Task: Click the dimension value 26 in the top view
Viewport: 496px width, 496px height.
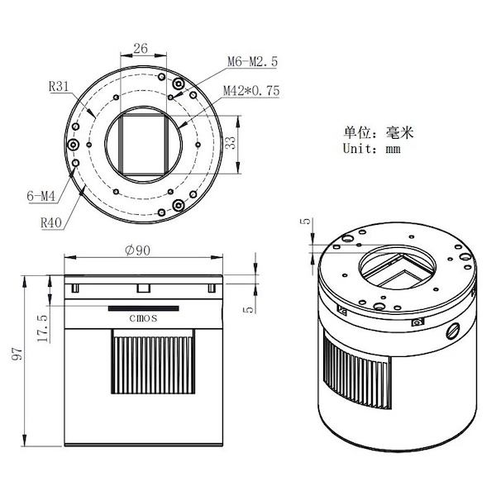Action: pyautogui.click(x=141, y=49)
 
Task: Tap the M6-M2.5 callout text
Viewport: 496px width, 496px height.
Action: pyautogui.click(x=252, y=61)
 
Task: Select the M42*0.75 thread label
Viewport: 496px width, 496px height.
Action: pyautogui.click(x=251, y=91)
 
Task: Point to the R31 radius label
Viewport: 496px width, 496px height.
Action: pyautogui.click(x=59, y=86)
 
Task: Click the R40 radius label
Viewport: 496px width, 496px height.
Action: pyautogui.click(x=51, y=222)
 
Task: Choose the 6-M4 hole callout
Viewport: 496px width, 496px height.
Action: pyautogui.click(x=41, y=196)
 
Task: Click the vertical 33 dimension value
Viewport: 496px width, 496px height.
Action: pyautogui.click(x=231, y=143)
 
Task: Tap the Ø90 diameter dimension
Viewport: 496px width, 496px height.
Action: pyautogui.click(x=137, y=250)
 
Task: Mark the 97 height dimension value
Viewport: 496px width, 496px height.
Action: pyautogui.click(x=17, y=354)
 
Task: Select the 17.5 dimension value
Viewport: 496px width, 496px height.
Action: pyautogui.click(x=43, y=328)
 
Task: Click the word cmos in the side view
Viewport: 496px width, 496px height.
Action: pyautogui.click(x=143, y=318)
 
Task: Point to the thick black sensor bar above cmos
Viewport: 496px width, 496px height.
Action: pyautogui.click(x=144, y=308)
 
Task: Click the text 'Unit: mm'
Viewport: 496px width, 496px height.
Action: pyautogui.click(x=372, y=148)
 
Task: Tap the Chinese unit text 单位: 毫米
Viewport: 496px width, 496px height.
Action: pyautogui.click(x=379, y=132)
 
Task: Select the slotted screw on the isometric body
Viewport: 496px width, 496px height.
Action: pyautogui.click(x=452, y=331)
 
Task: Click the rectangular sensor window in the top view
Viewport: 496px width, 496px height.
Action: pyautogui.click(x=144, y=144)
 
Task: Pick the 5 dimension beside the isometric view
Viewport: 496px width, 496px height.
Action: pyautogui.click(x=306, y=221)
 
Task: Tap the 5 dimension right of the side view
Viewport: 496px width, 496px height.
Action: pyautogui.click(x=250, y=309)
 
